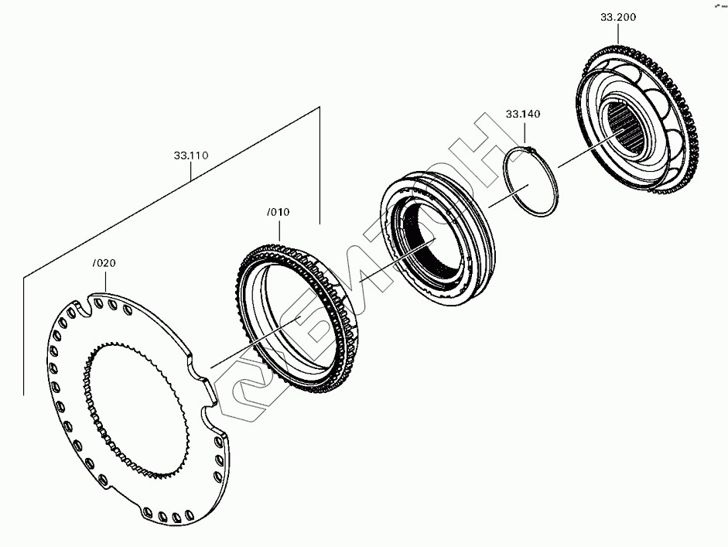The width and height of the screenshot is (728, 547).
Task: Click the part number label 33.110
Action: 190,156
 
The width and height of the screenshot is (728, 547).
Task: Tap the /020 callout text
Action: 104,263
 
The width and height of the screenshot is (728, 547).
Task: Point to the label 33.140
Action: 523,115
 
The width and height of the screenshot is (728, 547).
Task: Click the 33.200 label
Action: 617,17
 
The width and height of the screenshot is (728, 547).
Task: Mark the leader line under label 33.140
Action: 523,132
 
